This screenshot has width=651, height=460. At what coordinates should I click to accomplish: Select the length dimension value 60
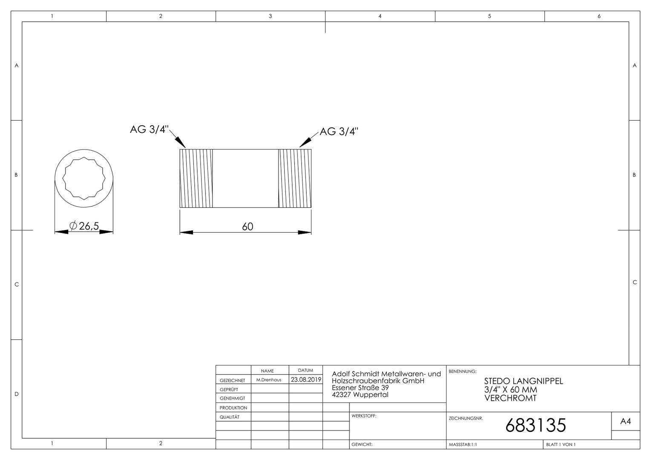248,227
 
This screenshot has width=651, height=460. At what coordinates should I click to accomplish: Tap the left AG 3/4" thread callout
149,129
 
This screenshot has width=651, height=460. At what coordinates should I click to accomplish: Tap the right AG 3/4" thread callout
339,132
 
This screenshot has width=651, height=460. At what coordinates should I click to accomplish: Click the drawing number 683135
536,425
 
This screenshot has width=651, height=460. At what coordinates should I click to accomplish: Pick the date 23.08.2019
306,379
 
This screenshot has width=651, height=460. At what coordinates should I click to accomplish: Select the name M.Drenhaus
269,380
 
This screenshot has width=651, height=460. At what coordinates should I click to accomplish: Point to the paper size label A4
625,421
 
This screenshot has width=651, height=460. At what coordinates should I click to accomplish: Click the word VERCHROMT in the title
510,398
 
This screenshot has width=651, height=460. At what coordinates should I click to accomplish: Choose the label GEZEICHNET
233,380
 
